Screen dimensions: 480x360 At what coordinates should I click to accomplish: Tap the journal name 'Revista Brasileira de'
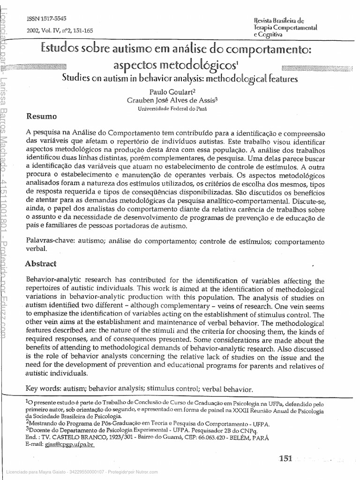[x=278, y=21]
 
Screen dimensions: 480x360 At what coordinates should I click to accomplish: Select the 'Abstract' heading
[x=41, y=264]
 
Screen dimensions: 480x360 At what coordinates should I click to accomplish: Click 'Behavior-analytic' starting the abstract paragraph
[x=54, y=281]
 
